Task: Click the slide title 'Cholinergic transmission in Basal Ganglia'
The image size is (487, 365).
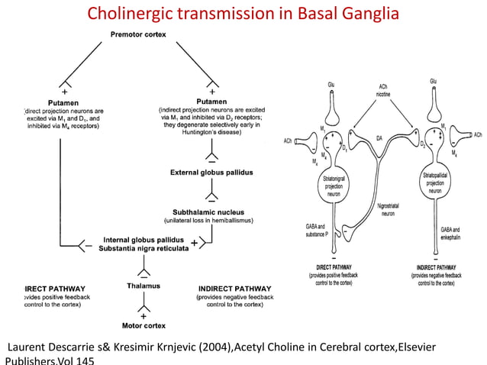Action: tap(243, 14)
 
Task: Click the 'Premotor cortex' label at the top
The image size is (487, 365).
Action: tap(138, 34)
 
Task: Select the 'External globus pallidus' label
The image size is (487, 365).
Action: tap(211, 173)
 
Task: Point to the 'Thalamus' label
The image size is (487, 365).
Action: tap(143, 286)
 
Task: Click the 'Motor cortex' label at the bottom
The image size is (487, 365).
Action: tap(144, 325)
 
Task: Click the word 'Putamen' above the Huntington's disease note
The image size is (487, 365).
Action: tap(211, 102)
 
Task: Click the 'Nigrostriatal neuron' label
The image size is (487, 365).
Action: tap(390, 211)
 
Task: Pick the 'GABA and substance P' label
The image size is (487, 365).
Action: tap(315, 231)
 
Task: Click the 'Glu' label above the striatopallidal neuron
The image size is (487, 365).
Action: tap(434, 81)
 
